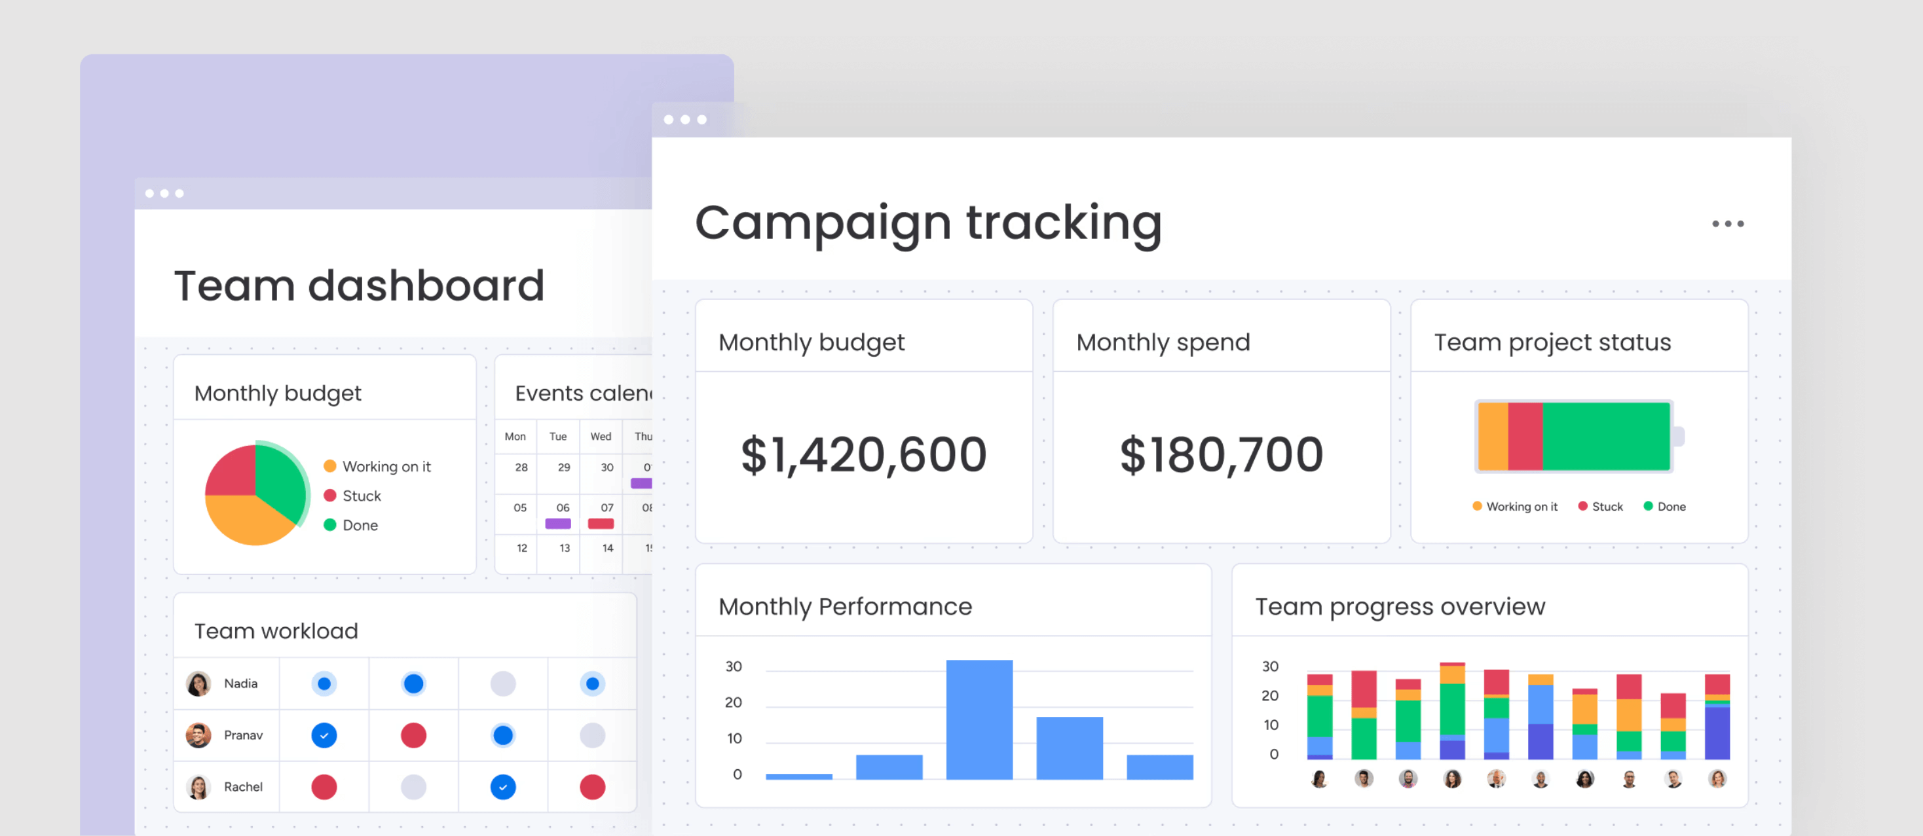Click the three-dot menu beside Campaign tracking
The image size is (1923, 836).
click(1727, 224)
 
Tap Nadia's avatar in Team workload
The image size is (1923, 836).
click(198, 683)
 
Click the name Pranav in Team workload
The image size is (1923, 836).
click(244, 735)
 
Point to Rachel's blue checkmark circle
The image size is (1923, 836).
click(502, 787)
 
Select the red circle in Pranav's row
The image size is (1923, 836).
click(413, 735)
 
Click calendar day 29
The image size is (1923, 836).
click(564, 467)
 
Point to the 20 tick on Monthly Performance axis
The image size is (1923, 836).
click(733, 702)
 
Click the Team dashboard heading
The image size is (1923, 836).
click(359, 286)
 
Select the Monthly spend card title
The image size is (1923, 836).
click(1163, 342)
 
